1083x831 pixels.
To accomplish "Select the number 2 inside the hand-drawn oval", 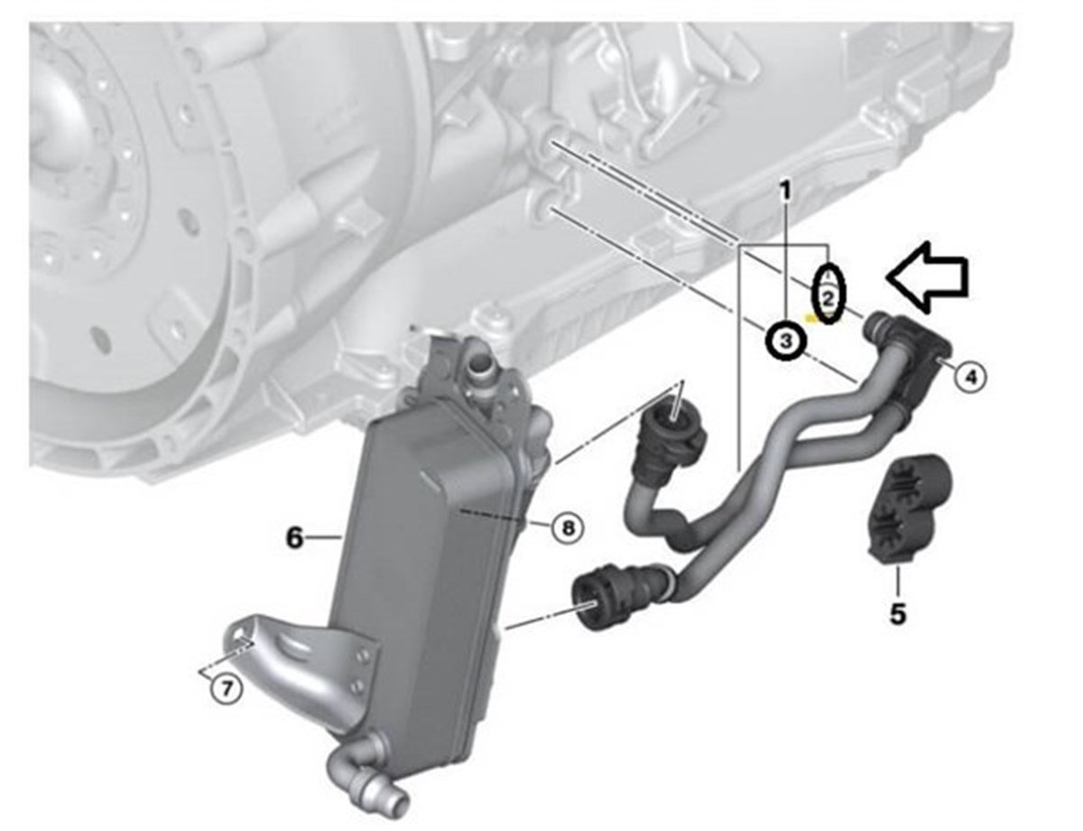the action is click(x=828, y=300).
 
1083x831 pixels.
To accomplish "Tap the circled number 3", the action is click(x=786, y=341).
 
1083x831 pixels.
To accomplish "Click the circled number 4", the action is click(x=971, y=377).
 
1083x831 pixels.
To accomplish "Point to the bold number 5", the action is click(x=898, y=614).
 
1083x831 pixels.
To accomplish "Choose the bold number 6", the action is click(x=295, y=538).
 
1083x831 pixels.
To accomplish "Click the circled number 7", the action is click(x=227, y=689).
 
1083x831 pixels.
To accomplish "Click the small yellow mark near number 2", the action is click(x=812, y=318).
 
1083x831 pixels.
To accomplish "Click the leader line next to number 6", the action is click(x=324, y=537).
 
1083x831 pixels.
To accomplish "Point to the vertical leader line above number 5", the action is click(x=897, y=581).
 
